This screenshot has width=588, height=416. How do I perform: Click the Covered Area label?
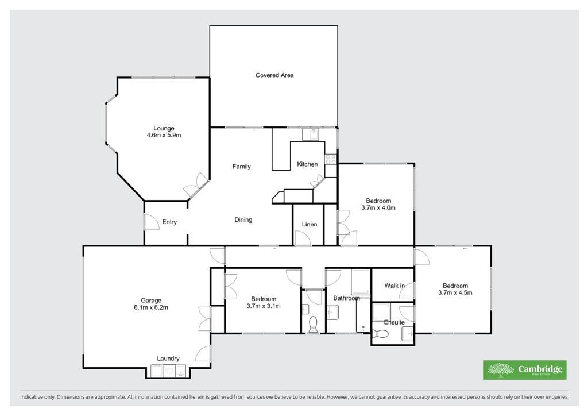(274, 75)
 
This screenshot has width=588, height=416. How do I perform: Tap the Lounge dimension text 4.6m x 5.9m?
(164, 135)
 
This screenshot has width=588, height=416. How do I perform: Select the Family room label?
(241, 167)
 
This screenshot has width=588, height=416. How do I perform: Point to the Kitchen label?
(307, 164)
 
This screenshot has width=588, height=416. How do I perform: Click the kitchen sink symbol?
(311, 134)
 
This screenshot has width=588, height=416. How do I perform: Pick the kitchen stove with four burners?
(330, 159)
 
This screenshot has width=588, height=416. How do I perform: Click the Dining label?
(243, 220)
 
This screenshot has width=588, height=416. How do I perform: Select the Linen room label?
(310, 224)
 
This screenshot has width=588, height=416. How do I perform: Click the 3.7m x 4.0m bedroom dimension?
(378, 207)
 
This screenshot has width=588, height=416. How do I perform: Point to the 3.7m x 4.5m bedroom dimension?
(455, 292)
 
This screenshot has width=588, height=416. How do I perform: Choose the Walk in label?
(394, 286)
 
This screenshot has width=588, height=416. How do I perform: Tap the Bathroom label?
(346, 298)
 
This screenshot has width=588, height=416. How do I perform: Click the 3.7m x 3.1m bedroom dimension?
(264, 306)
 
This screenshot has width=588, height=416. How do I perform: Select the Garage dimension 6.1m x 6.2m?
(151, 307)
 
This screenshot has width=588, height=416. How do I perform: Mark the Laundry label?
(168, 359)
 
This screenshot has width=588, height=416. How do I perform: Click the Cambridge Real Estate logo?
(525, 370)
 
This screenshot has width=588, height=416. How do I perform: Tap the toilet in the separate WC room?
(313, 325)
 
